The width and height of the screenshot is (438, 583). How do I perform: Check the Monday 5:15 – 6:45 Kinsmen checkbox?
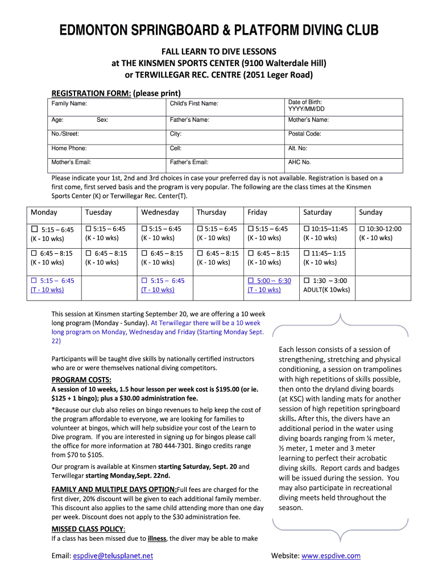[34, 229]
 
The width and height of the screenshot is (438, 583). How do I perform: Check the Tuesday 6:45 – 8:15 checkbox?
[89, 253]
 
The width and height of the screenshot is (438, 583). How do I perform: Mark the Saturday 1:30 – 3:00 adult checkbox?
[307, 281]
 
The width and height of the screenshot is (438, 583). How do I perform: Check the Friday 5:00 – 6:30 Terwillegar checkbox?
[251, 281]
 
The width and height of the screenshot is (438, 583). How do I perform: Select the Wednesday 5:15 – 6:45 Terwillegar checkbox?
[144, 281]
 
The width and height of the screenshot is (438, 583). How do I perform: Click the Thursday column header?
[211, 212]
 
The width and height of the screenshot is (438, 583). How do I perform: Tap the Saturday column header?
[317, 212]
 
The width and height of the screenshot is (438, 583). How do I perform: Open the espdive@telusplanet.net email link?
[113, 556]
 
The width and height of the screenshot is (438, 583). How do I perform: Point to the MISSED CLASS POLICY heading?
[88, 529]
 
